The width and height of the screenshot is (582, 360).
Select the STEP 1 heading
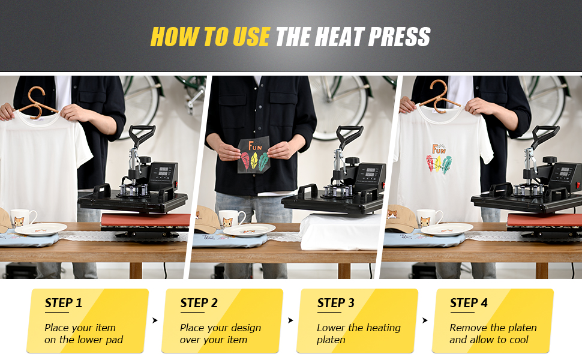tap(63, 303)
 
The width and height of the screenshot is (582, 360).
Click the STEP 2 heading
tap(199, 303)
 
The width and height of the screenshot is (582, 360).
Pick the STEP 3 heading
tap(335, 303)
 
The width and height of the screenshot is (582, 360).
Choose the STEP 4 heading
tap(469, 303)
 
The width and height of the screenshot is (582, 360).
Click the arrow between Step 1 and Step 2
tap(155, 321)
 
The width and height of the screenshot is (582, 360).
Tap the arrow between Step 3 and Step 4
tap(425, 321)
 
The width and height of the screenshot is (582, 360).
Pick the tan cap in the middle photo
tap(206, 219)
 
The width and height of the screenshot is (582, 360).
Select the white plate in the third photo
tap(446, 229)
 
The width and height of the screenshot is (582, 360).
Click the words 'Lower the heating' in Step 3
tap(358, 328)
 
